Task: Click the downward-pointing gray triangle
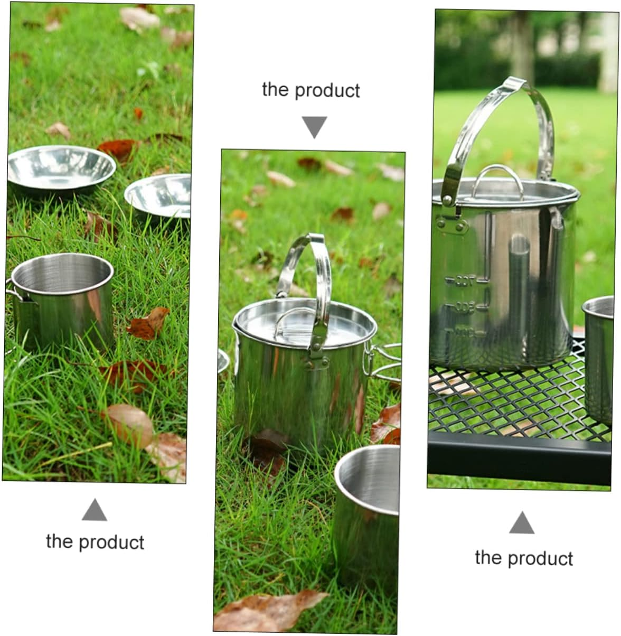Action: point(314,127)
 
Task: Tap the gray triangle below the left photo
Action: point(95,510)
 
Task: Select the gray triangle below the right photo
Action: point(522,523)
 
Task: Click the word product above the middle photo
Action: point(327,91)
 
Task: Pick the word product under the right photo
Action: point(541,559)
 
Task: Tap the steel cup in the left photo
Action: point(62,301)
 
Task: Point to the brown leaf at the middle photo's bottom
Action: point(269,610)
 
